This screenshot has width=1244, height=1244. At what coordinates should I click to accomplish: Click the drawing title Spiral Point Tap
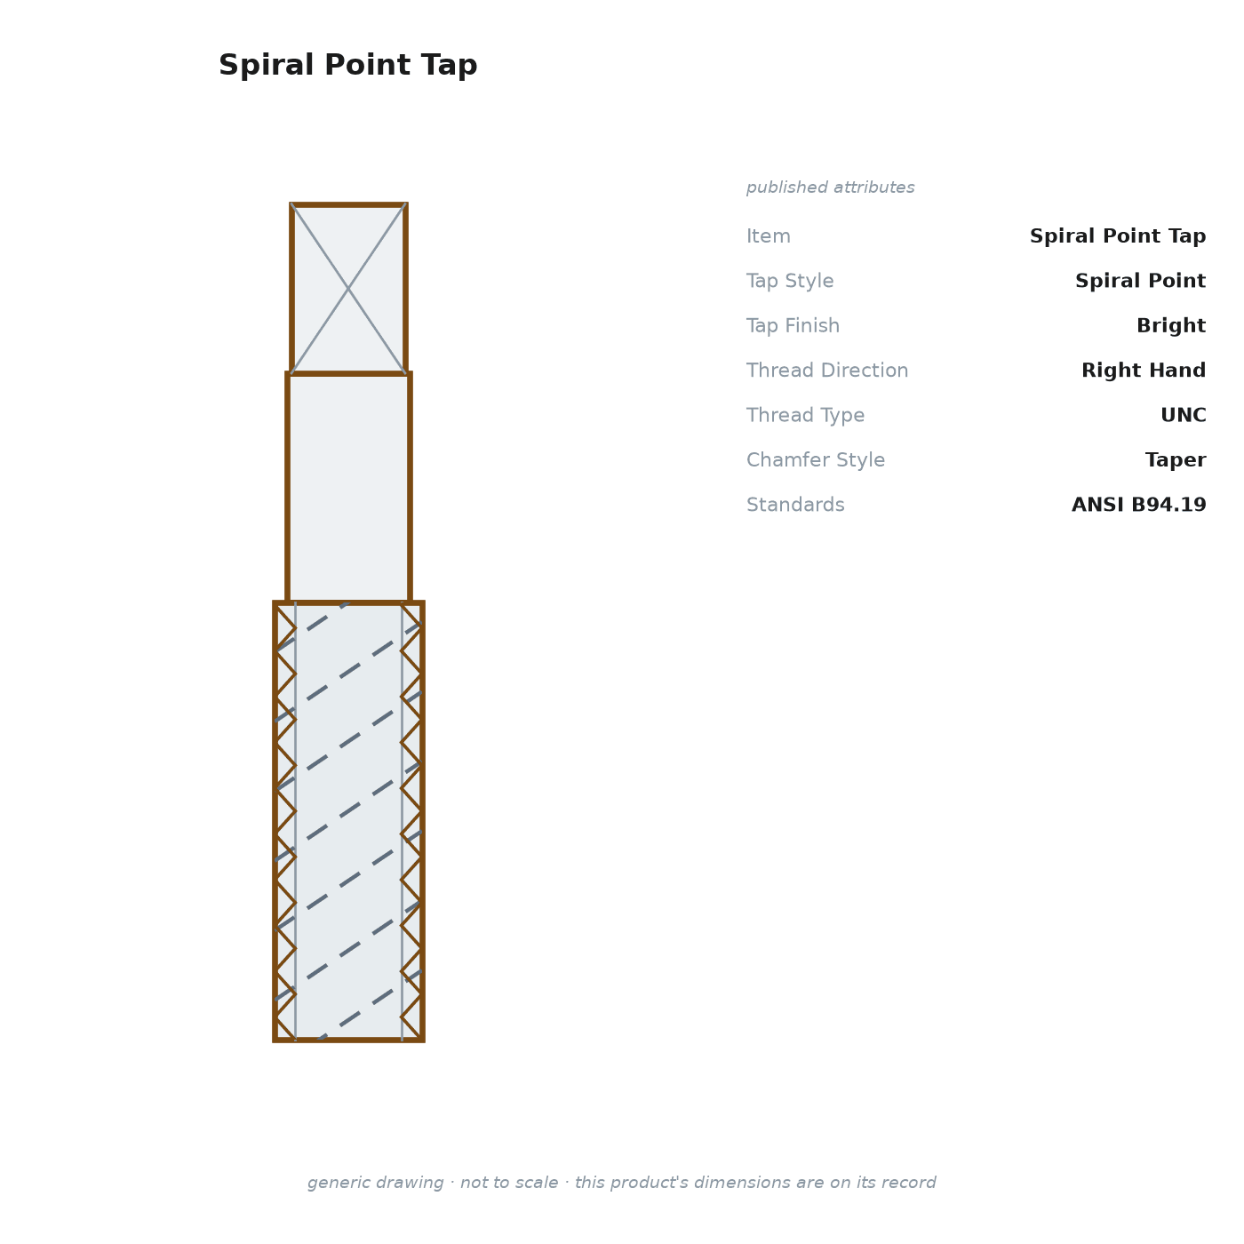tap(348, 65)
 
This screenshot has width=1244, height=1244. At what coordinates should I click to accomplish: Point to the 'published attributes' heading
tap(830, 187)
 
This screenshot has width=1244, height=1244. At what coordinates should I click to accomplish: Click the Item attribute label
tap(769, 235)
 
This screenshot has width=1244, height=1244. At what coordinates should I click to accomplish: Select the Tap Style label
tap(790, 281)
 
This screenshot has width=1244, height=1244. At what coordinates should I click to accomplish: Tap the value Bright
tap(1171, 325)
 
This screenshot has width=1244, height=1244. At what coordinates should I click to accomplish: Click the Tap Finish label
tap(793, 325)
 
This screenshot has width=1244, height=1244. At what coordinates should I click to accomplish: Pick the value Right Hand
tap(1144, 370)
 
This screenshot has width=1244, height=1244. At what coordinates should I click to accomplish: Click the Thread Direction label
tap(827, 370)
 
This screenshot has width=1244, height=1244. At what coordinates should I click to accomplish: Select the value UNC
tap(1184, 415)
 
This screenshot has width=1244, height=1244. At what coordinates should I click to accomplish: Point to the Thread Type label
tap(806, 415)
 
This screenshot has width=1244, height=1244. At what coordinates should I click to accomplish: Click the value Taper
tap(1176, 459)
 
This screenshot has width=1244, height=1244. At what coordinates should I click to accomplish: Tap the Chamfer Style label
tap(816, 459)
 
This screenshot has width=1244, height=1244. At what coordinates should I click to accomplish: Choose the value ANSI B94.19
tap(1139, 504)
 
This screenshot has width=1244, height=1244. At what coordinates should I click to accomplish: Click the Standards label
tap(795, 504)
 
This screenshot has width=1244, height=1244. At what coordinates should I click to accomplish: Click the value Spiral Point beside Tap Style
tap(1140, 281)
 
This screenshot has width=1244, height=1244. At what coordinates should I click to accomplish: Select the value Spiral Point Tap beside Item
tap(1118, 235)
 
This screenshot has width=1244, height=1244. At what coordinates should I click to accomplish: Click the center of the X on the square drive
tap(348, 289)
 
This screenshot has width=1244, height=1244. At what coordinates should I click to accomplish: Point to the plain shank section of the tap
tap(348, 488)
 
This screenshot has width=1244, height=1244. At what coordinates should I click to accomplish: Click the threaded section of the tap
tap(348, 821)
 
